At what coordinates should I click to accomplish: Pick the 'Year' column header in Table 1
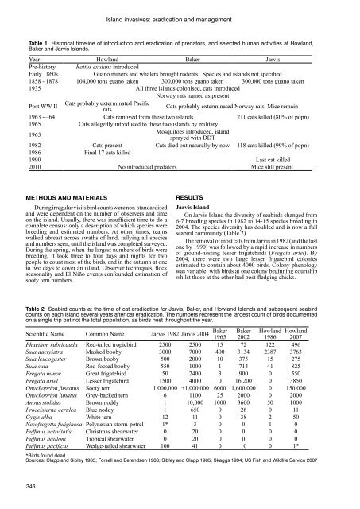33,60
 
